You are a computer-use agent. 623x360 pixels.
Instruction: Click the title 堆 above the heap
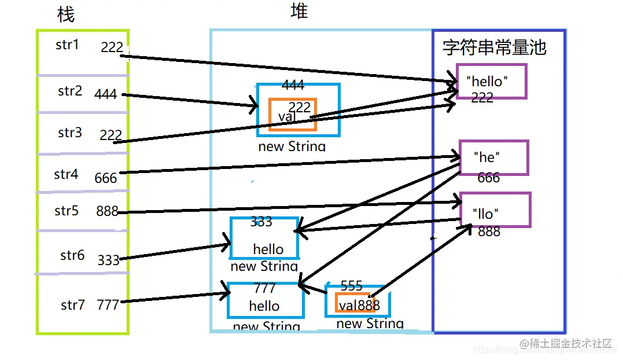pos(298,10)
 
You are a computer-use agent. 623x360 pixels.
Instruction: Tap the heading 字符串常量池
pos(494,47)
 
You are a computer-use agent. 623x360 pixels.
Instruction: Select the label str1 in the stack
pos(67,45)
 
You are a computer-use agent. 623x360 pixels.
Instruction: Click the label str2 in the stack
pos(70,91)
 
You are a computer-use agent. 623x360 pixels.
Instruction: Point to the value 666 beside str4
pos(106,178)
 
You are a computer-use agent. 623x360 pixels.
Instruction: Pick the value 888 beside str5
pos(108,211)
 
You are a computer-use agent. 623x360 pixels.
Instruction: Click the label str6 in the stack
pos(72,255)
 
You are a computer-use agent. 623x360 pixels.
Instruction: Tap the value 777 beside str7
pos(108,304)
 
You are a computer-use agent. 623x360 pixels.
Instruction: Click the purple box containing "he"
pos(493,157)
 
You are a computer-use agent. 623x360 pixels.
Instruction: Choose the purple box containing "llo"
pos(495,210)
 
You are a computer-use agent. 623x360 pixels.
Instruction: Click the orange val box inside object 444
pos(293,115)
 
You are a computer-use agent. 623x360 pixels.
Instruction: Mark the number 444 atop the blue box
pos(293,86)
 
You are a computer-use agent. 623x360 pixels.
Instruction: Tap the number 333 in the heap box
pos(261,222)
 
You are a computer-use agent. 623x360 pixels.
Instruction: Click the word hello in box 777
pos(264,306)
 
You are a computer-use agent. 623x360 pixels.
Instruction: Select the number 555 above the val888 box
pos(351,286)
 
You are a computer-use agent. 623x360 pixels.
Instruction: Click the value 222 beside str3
pos(110,135)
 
